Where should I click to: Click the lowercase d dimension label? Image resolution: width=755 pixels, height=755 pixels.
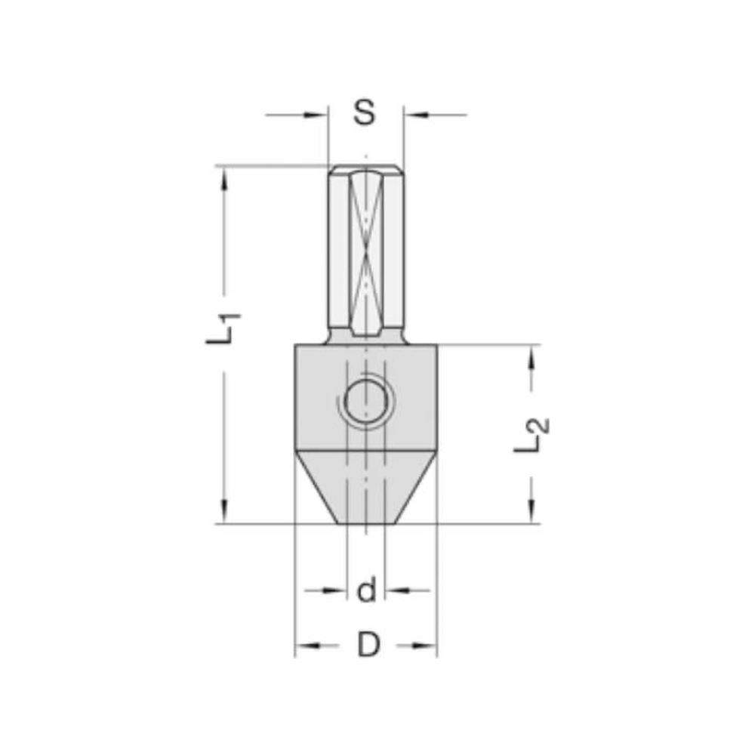[x=366, y=590]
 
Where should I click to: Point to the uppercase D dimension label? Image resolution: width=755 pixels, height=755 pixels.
[x=368, y=646]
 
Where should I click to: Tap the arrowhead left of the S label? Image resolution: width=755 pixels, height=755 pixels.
[x=317, y=115]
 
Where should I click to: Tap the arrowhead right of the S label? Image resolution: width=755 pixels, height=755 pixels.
[x=414, y=115]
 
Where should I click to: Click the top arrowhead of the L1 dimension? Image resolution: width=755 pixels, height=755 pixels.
[x=223, y=177]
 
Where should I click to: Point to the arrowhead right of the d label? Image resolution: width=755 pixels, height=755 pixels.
[x=396, y=590]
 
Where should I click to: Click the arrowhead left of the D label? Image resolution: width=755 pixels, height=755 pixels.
[x=307, y=646]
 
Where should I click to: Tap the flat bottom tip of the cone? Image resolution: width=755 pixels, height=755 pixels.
[x=365, y=522]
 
